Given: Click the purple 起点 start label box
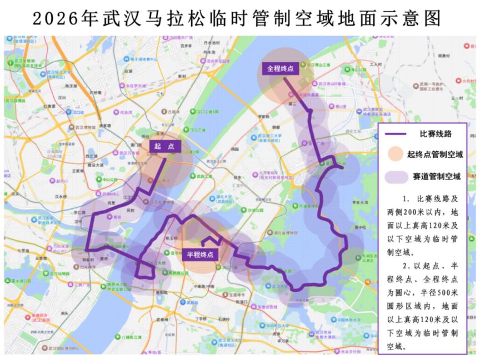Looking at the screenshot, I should pyautogui.click(x=164, y=146).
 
